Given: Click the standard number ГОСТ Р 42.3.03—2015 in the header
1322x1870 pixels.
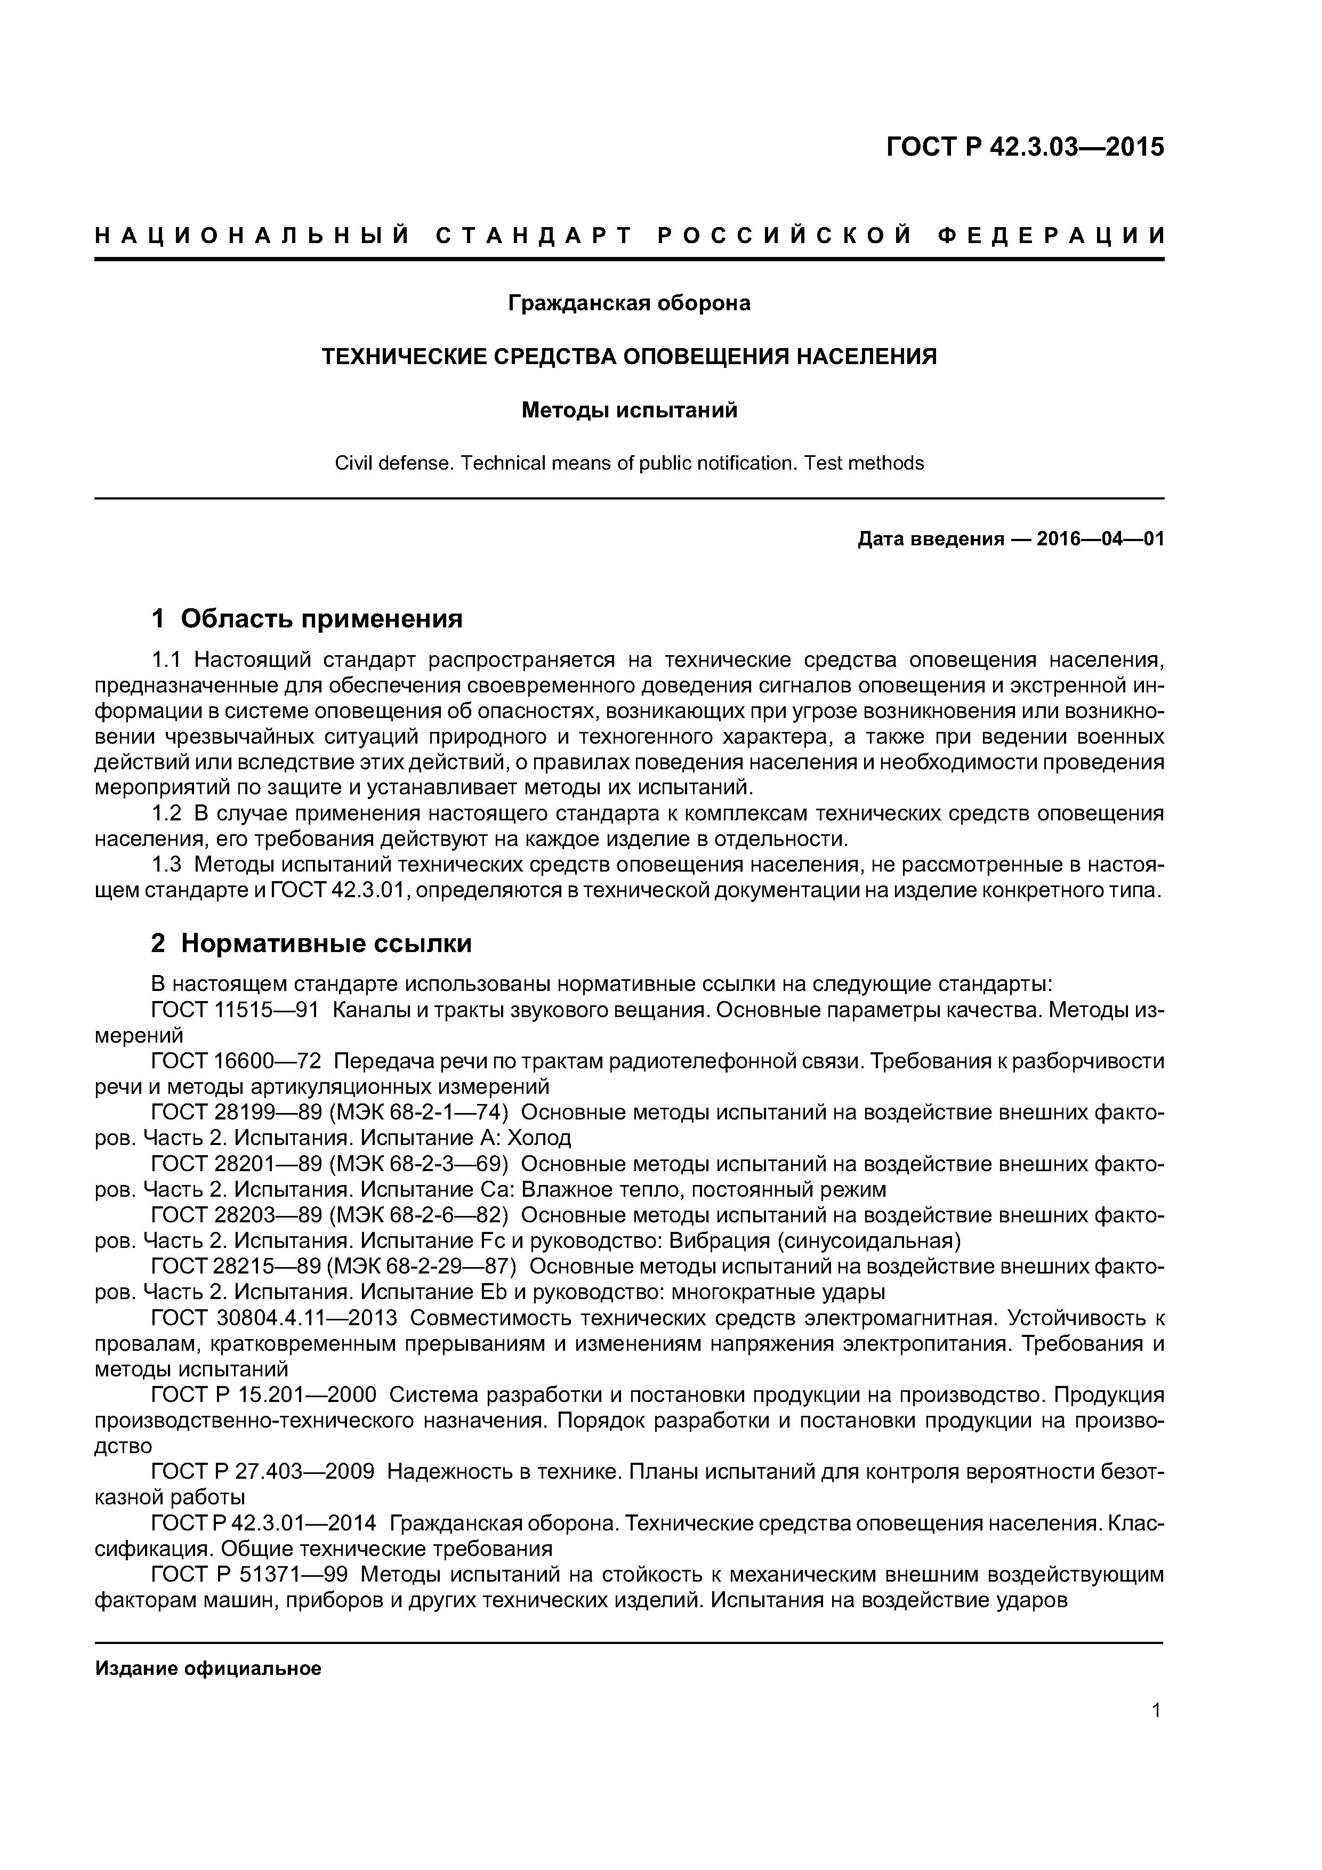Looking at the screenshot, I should (1025, 148).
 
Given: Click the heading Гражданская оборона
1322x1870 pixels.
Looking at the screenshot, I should (629, 303).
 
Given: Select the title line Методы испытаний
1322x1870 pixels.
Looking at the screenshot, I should (629, 410).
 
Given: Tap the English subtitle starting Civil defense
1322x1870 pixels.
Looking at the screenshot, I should (629, 463).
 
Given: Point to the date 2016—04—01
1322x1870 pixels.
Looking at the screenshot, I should (1100, 539).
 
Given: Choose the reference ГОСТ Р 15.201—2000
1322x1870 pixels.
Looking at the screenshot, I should (264, 1395).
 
